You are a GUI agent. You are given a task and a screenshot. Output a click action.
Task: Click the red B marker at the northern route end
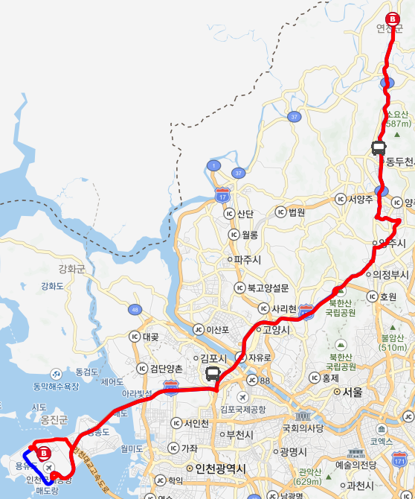tap(392, 20)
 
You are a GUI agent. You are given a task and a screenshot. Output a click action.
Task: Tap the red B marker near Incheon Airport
tap(44, 452)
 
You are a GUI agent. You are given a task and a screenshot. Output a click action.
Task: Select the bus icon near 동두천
tap(379, 147)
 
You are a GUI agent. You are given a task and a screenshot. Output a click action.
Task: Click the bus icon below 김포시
tap(213, 373)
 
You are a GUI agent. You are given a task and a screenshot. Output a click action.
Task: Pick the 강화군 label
tap(72, 268)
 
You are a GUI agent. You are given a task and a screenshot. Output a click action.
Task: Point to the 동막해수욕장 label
tap(56, 387)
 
